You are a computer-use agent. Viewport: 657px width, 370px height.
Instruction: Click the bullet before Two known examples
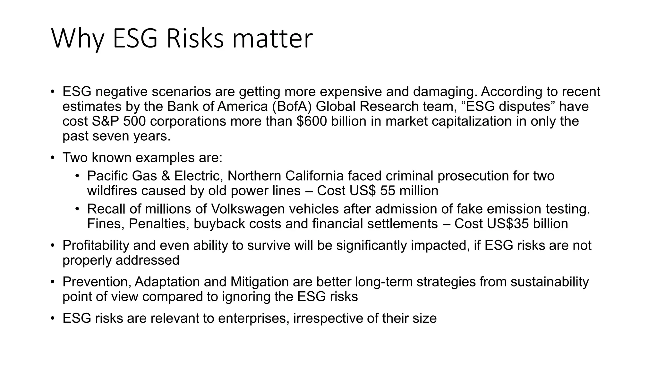(53, 158)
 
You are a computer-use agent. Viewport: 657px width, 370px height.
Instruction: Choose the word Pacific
(108, 176)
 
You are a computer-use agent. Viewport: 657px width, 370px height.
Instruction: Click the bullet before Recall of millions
(77, 209)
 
